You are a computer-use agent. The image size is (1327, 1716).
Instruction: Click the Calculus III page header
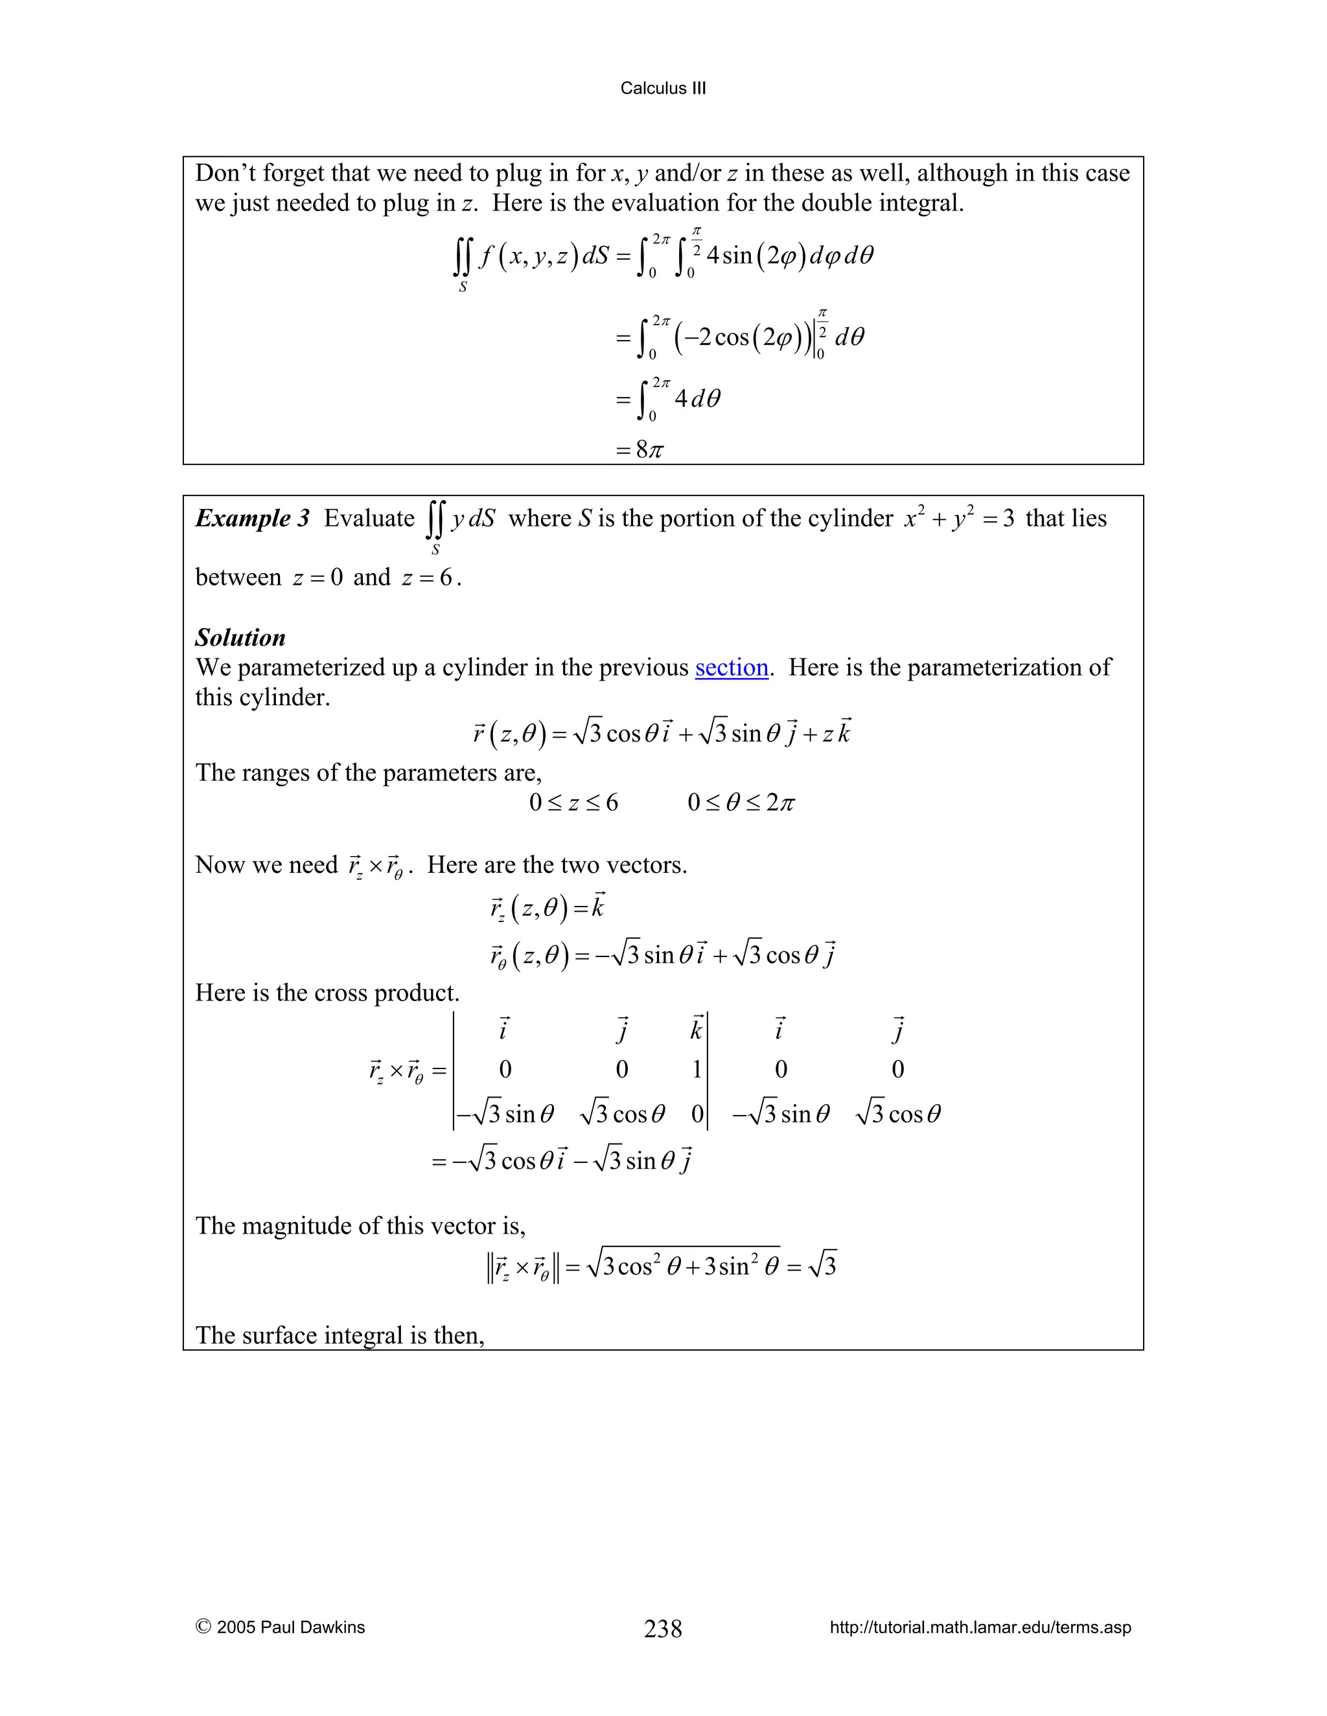(663, 88)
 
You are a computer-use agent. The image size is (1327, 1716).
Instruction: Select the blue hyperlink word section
(731, 667)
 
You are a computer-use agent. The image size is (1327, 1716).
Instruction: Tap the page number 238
(663, 1628)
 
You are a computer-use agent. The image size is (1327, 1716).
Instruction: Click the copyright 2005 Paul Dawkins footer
(281, 1627)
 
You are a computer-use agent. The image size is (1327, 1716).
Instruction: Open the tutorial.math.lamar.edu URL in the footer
(980, 1627)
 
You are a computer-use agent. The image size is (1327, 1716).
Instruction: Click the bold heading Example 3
(252, 519)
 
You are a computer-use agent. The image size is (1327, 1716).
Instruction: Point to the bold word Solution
(240, 637)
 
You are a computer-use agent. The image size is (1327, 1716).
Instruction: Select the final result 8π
(649, 450)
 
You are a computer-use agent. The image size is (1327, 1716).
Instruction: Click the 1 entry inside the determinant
(697, 1069)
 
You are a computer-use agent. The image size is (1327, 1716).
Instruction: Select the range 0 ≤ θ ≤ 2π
(741, 803)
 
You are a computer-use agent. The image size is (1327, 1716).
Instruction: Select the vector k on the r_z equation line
(598, 907)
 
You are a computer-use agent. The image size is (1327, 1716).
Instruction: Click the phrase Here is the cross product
(327, 993)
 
